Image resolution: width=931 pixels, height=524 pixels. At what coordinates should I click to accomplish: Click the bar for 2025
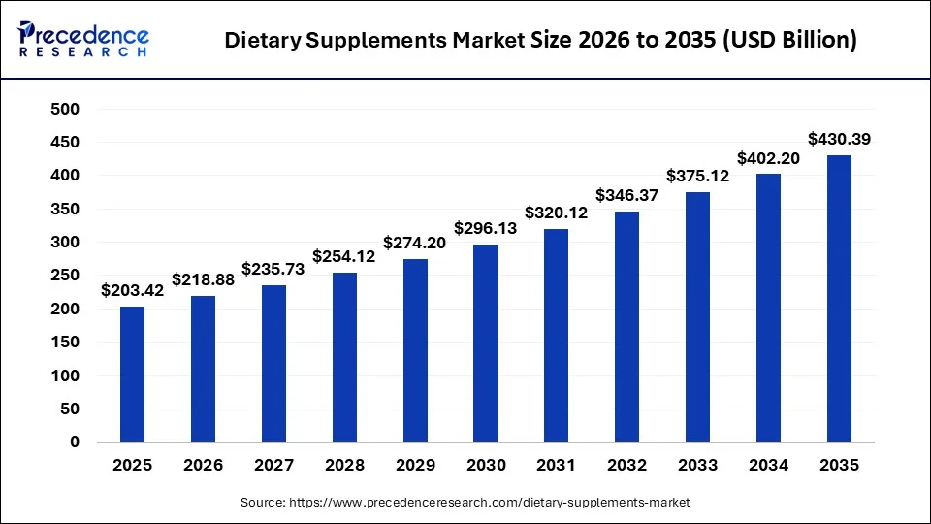132,375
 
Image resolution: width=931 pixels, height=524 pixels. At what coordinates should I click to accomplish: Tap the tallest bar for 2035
840,299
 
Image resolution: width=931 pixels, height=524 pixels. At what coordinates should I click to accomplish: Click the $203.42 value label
132,290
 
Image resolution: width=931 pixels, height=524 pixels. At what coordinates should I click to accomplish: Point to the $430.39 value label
840,139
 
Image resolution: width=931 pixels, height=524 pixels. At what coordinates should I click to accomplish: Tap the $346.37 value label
627,195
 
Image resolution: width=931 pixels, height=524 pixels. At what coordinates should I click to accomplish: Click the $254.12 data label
344,256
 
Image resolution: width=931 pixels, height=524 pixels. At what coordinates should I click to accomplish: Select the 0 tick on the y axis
74,442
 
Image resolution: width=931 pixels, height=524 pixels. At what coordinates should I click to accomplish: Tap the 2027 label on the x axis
273,466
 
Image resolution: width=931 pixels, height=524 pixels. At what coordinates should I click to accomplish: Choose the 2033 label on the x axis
698,466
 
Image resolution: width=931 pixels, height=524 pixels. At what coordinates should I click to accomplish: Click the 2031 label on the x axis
557,466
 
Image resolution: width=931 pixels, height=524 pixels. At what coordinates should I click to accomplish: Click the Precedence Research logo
83,40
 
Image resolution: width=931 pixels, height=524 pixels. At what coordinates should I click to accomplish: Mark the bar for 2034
769,309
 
